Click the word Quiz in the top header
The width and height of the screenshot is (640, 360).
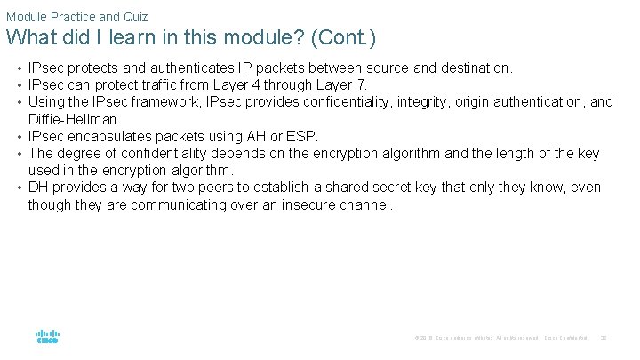pyautogui.click(x=136, y=17)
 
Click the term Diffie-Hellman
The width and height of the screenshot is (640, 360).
pyautogui.click(x=74, y=118)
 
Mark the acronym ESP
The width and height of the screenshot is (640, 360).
pyautogui.click(x=302, y=136)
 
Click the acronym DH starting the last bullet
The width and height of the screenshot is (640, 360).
pyautogui.click(x=38, y=188)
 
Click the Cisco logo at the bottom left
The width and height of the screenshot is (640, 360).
pyautogui.click(x=47, y=337)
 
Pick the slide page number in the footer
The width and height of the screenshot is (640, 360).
pyautogui.click(x=604, y=338)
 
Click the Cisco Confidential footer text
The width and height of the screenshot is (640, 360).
pyautogui.click(x=565, y=338)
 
